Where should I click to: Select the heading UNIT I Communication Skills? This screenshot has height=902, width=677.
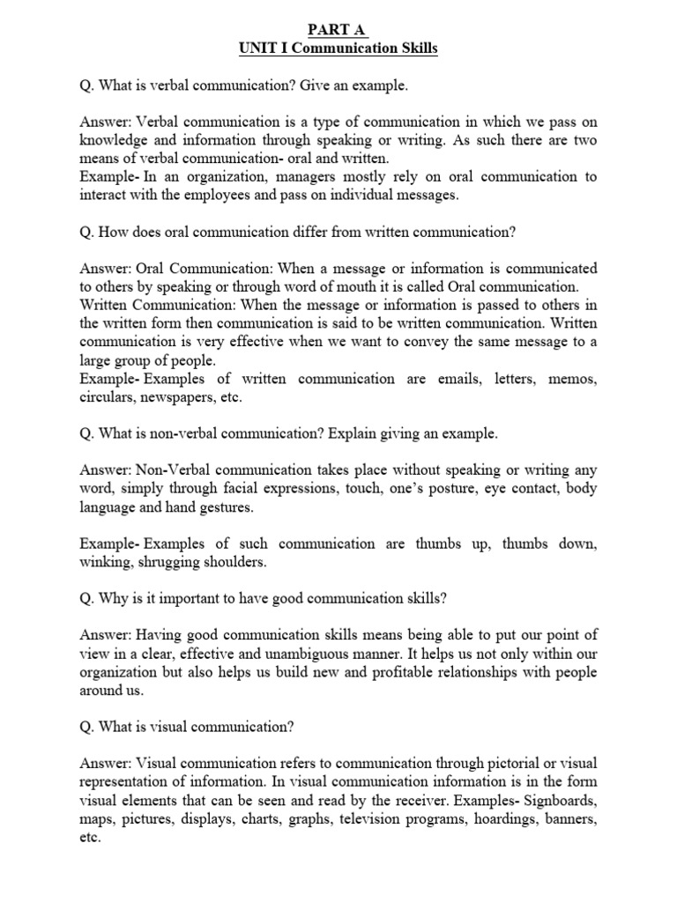[338, 48]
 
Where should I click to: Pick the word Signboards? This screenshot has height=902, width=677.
[555, 801]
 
